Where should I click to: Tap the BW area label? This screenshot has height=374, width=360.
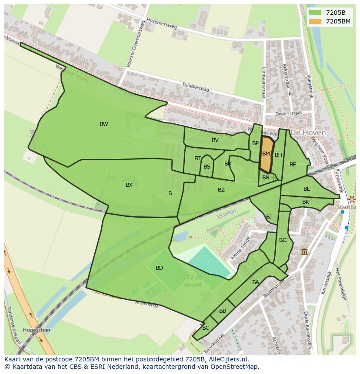coord(103,124)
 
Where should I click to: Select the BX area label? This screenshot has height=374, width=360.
coord(129,185)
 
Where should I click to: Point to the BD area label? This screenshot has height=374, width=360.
coord(159,268)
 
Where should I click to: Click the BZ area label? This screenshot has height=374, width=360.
coord(221,190)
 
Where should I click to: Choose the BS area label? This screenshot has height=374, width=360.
coord(207,167)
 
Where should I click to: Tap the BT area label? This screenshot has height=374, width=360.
coord(197,159)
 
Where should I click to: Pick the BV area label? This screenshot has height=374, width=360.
coord(215,140)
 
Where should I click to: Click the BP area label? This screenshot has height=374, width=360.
coord(255,143)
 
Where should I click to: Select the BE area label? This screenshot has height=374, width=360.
coord(293,165)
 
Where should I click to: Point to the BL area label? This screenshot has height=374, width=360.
coord(307,189)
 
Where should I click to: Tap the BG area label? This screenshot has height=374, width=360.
coord(283,240)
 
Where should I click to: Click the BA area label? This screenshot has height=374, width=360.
coord(256,282)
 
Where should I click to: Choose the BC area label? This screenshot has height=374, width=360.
coord(206,328)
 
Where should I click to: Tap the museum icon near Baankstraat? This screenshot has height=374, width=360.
coord(304,252)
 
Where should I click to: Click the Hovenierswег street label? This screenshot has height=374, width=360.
coord(162,23)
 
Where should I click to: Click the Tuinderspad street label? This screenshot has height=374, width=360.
coord(195,87)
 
